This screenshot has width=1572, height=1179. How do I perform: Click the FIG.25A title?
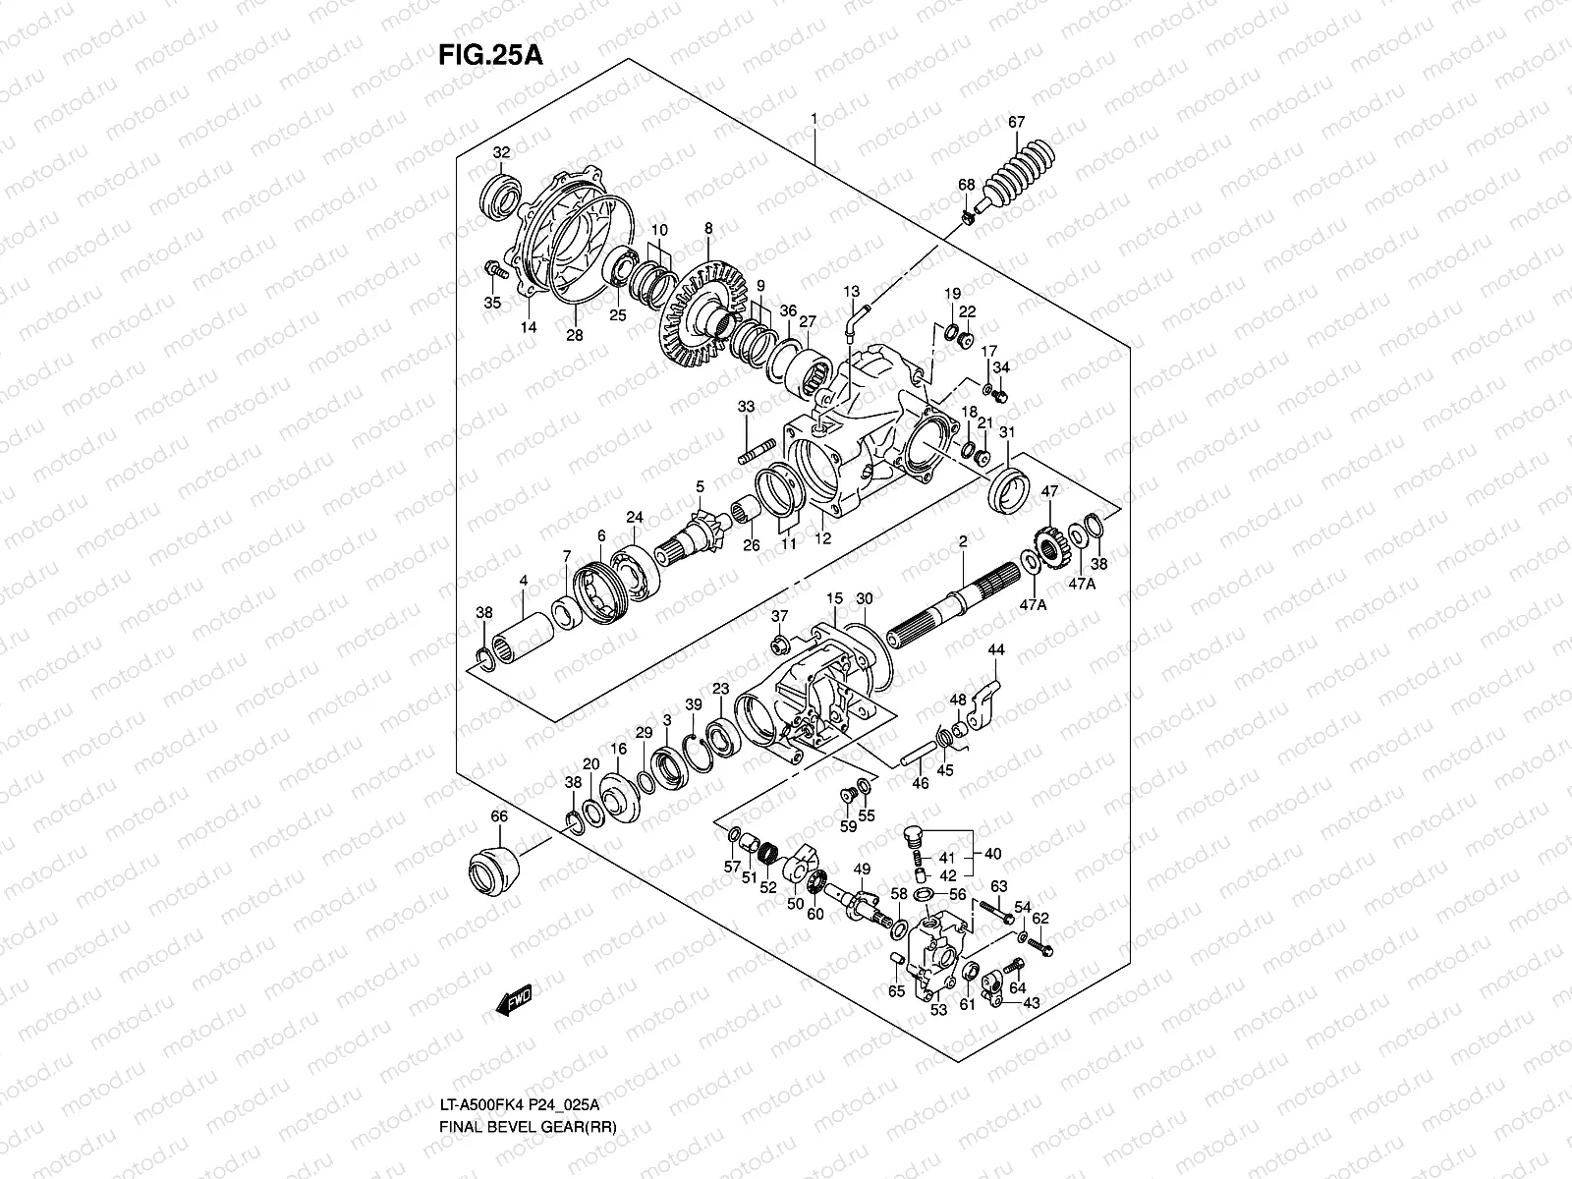490,53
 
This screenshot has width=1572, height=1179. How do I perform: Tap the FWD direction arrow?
513,1000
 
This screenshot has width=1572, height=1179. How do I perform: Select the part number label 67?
1016,122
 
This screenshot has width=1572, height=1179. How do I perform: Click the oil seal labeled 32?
500,194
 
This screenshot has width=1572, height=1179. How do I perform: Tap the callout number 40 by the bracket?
993,853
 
